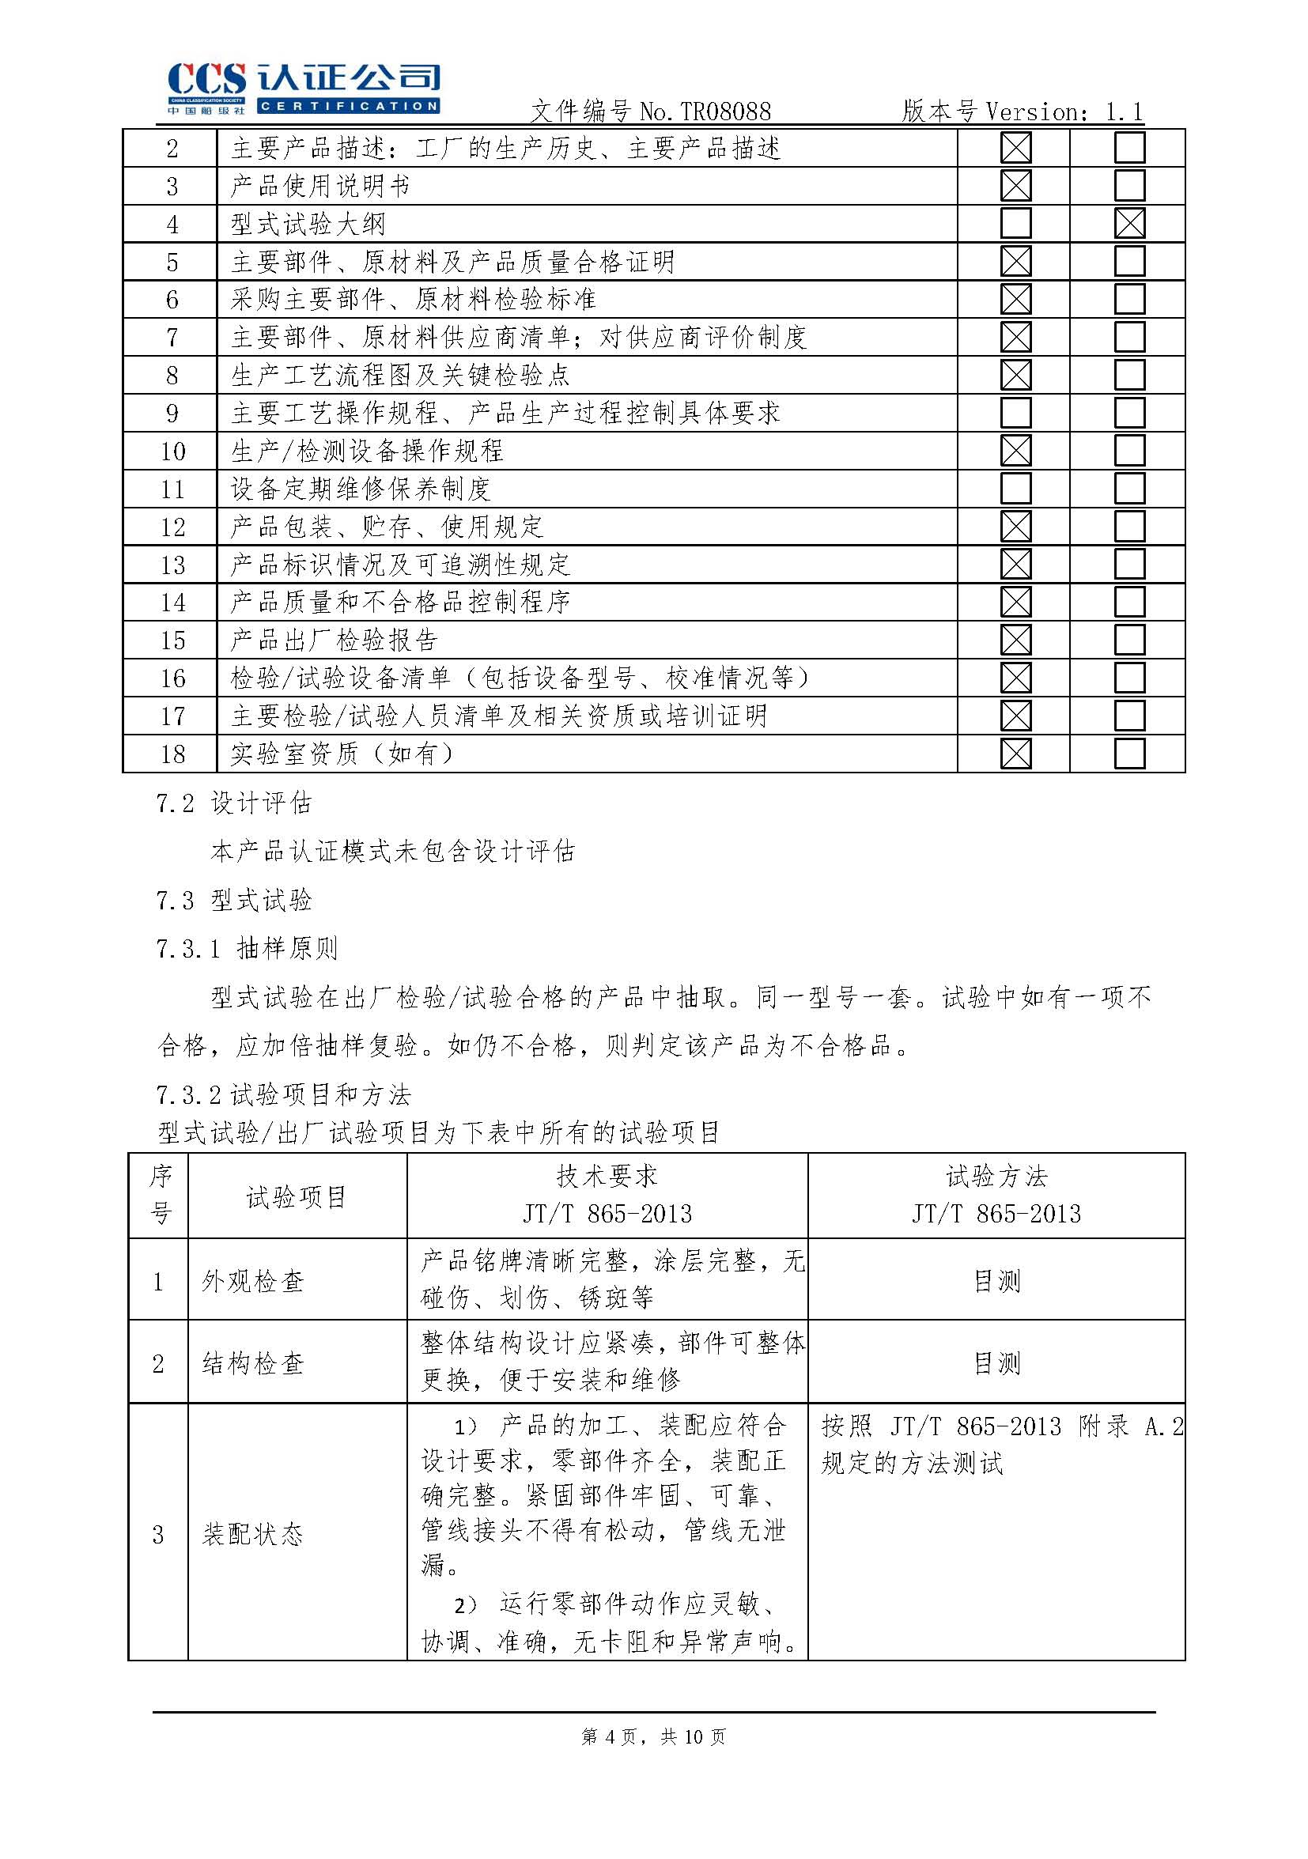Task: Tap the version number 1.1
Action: click(1125, 111)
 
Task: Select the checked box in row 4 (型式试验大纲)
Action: click(1129, 224)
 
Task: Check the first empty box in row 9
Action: click(1015, 413)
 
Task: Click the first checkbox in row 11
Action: click(1015, 489)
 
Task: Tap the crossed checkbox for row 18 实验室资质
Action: click(1015, 754)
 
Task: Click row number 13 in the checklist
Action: click(172, 565)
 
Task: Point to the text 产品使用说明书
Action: click(320, 187)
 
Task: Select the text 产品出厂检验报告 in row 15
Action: click(334, 640)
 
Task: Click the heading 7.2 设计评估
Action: click(233, 803)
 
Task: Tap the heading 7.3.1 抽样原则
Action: click(246, 948)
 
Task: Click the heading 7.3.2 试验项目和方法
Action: click(283, 1095)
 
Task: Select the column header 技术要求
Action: click(607, 1177)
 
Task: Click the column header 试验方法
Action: click(996, 1177)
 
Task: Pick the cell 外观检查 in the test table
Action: click(253, 1282)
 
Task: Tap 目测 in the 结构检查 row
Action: click(996, 1363)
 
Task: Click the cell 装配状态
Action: click(253, 1534)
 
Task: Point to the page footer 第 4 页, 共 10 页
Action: click(653, 1736)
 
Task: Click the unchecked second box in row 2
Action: click(1129, 148)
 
